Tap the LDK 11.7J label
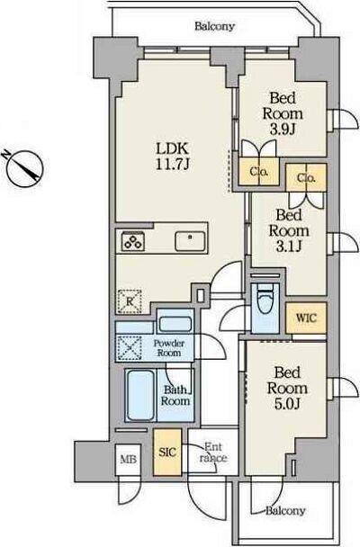click(x=172, y=157)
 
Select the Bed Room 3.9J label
click(x=283, y=113)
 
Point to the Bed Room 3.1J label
click(x=289, y=230)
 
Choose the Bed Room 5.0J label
click(x=287, y=389)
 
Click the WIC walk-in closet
click(x=306, y=318)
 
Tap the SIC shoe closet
click(x=167, y=453)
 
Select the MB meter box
click(x=128, y=459)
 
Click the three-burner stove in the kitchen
click(x=133, y=241)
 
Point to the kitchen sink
click(x=190, y=241)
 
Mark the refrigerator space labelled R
click(x=130, y=301)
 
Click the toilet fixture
click(x=265, y=308)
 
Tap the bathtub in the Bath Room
click(x=141, y=395)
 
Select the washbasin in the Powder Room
click(x=175, y=325)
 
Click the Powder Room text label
click(x=169, y=348)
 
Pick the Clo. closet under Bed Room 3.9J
click(x=259, y=172)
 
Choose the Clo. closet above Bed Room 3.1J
click(x=306, y=178)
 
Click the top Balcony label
click(x=214, y=26)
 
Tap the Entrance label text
click(x=213, y=453)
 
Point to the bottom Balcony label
click(x=285, y=511)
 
